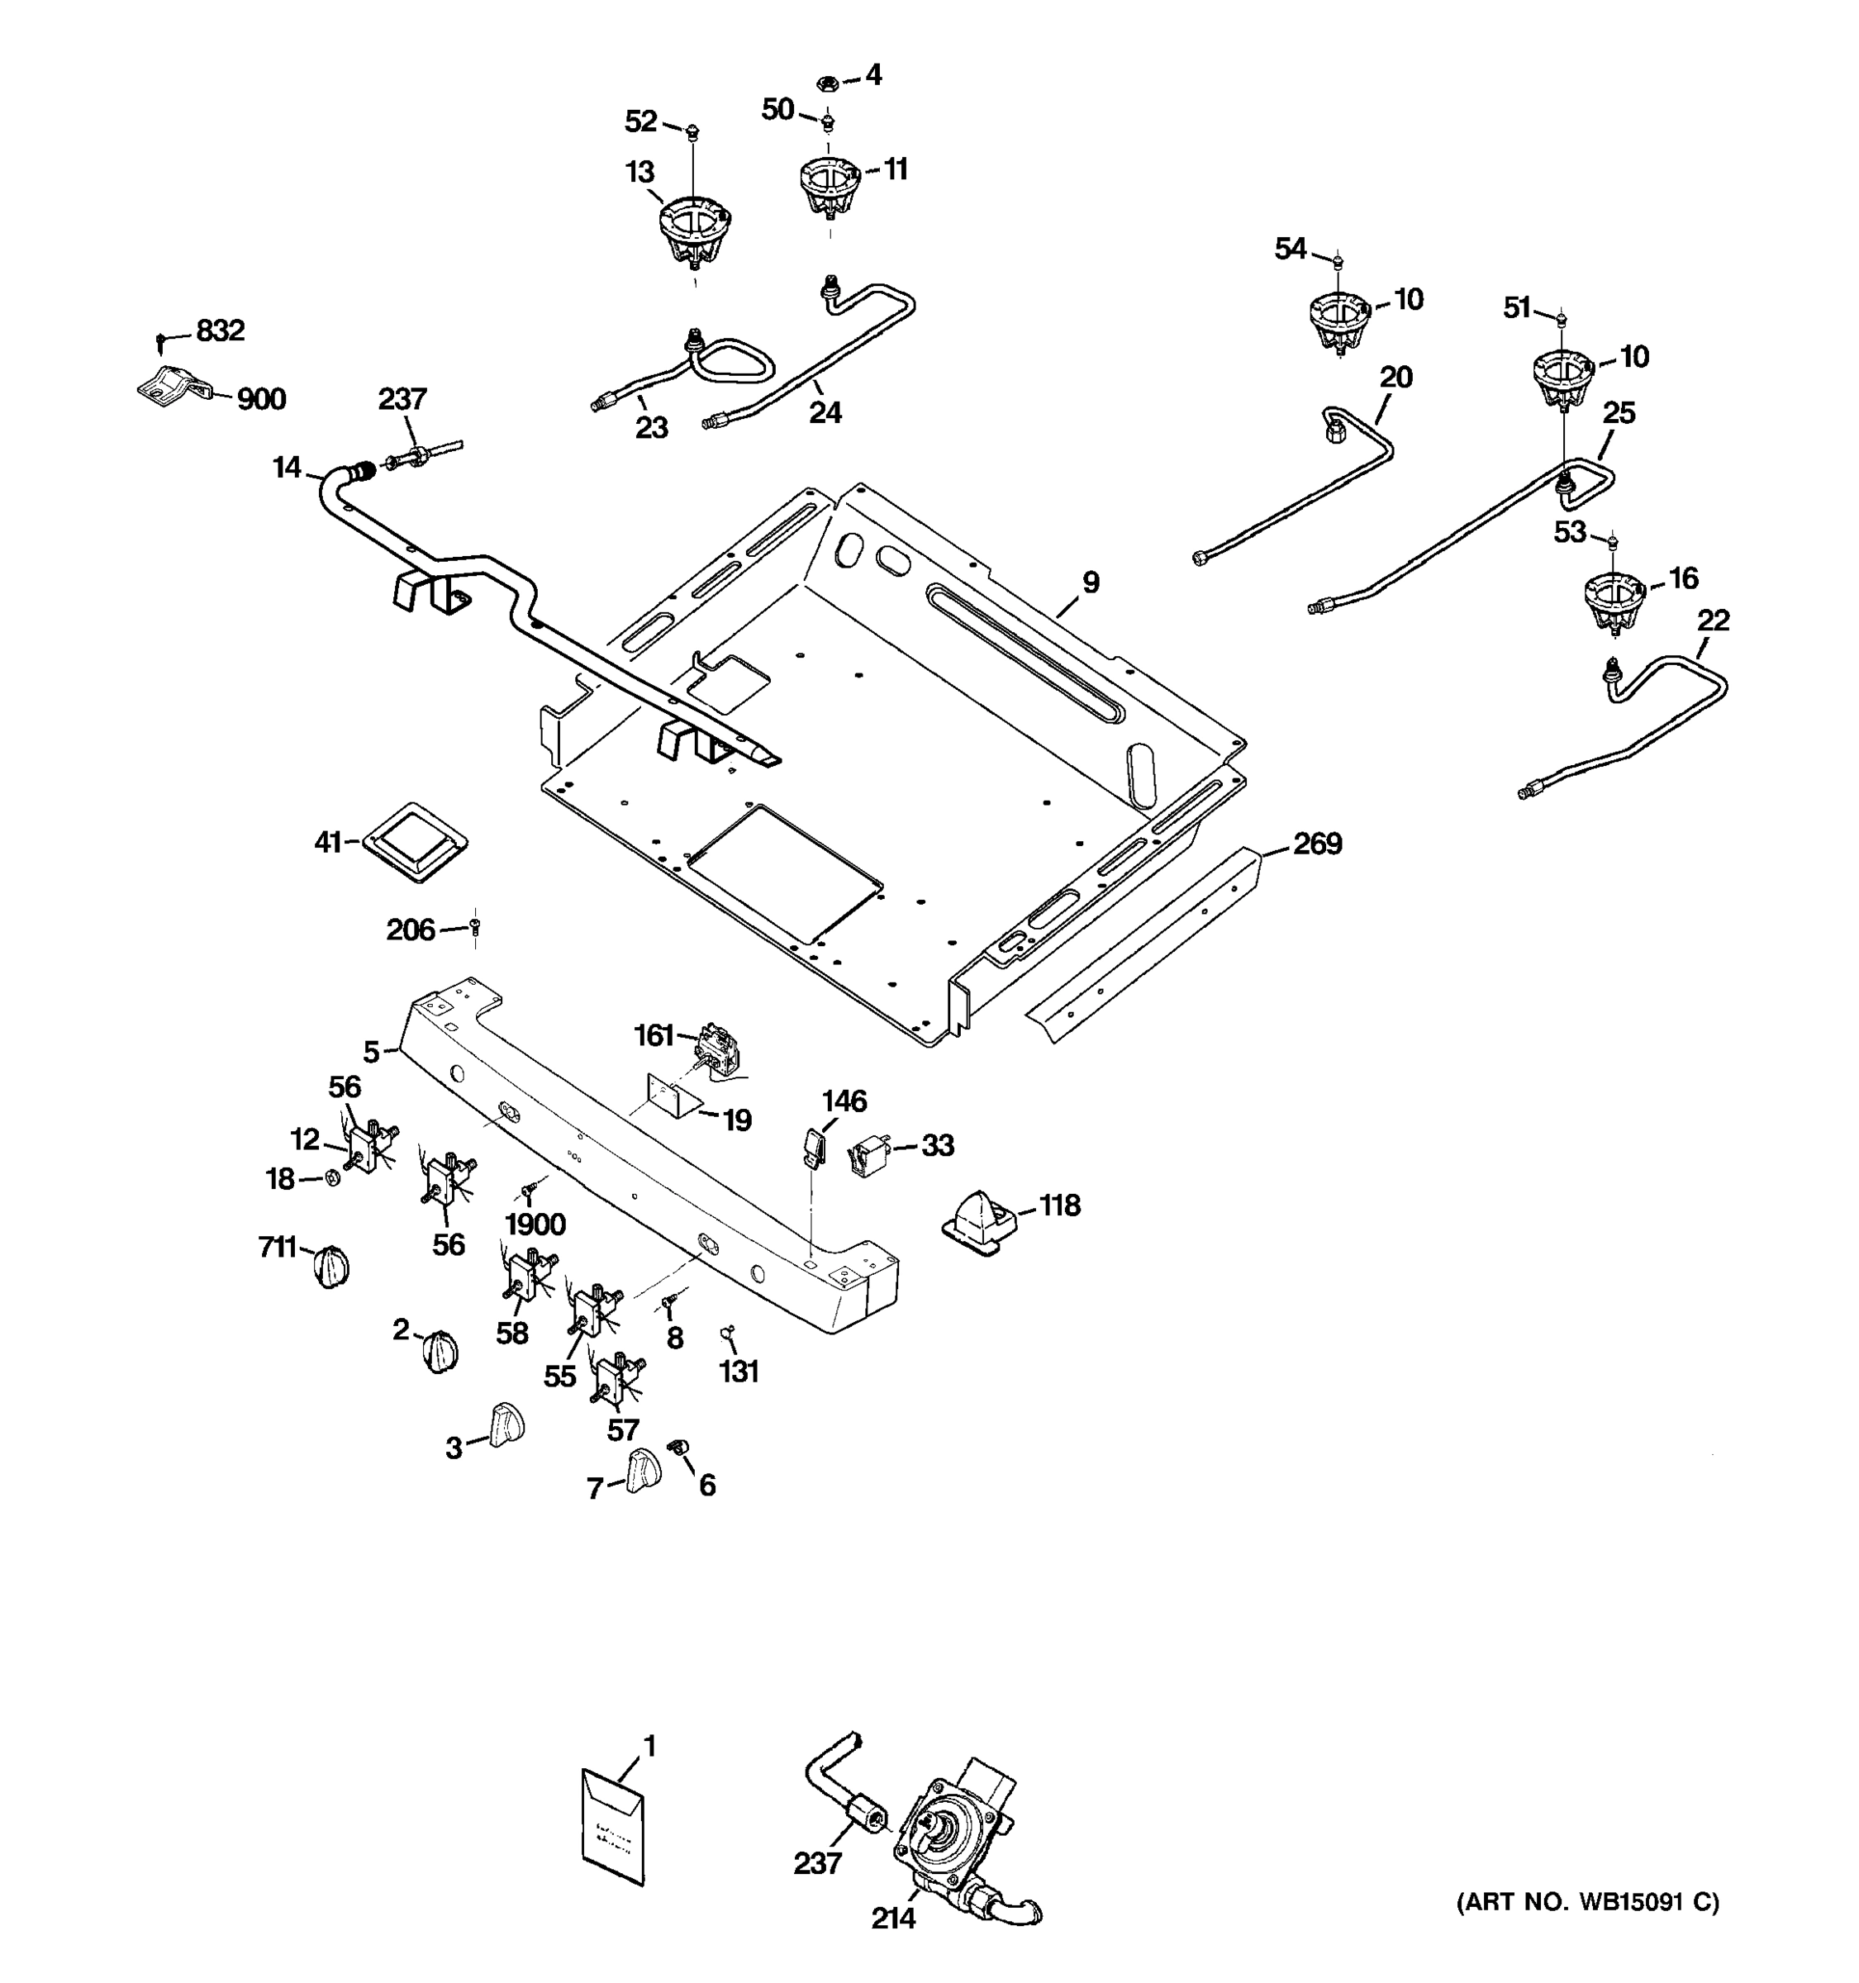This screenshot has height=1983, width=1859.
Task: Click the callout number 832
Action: [221, 330]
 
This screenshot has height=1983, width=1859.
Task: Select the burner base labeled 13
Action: [694, 231]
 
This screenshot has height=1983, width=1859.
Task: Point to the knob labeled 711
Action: [332, 1267]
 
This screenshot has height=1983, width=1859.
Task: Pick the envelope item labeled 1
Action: [612, 1828]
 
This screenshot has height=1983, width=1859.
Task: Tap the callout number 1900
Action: [535, 1224]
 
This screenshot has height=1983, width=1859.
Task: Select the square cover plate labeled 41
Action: [414, 841]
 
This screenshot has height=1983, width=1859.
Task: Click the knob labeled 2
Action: [440, 1352]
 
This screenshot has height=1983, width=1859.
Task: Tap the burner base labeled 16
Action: [1613, 601]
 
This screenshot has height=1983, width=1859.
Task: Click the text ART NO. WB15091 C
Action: [1589, 1903]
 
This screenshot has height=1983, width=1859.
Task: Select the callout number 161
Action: [654, 1036]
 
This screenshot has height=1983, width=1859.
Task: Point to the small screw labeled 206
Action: [475, 928]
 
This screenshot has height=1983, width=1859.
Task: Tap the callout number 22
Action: [1713, 621]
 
